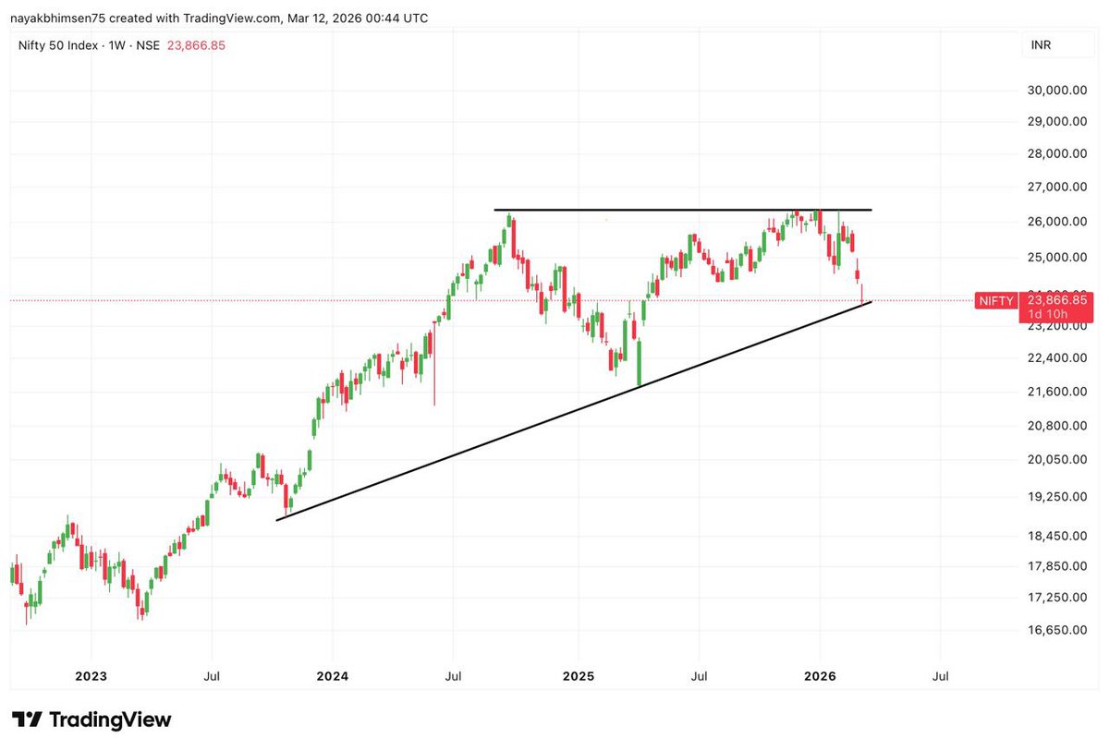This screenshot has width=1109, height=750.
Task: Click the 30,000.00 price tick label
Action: pyautogui.click(x=1056, y=90)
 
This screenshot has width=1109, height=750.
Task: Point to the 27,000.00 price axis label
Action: pyautogui.click(x=1056, y=187)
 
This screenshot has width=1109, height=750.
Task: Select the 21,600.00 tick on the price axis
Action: pyautogui.click(x=1056, y=392)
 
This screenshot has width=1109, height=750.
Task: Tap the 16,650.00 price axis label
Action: pyautogui.click(x=1056, y=631)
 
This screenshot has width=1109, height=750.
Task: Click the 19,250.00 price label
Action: pyautogui.click(x=1056, y=496)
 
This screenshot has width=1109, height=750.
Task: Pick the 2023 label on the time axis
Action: pyautogui.click(x=91, y=676)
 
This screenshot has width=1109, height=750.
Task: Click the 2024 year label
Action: pyautogui.click(x=332, y=676)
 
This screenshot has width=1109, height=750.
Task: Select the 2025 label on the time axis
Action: pyautogui.click(x=578, y=676)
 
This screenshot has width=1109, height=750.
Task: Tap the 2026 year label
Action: pyautogui.click(x=820, y=676)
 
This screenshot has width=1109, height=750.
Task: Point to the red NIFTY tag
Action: pyautogui.click(x=997, y=300)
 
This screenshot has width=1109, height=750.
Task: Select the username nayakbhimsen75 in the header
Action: pyautogui.click(x=55, y=18)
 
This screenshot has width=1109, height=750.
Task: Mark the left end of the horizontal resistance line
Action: pyautogui.click(x=495, y=211)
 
